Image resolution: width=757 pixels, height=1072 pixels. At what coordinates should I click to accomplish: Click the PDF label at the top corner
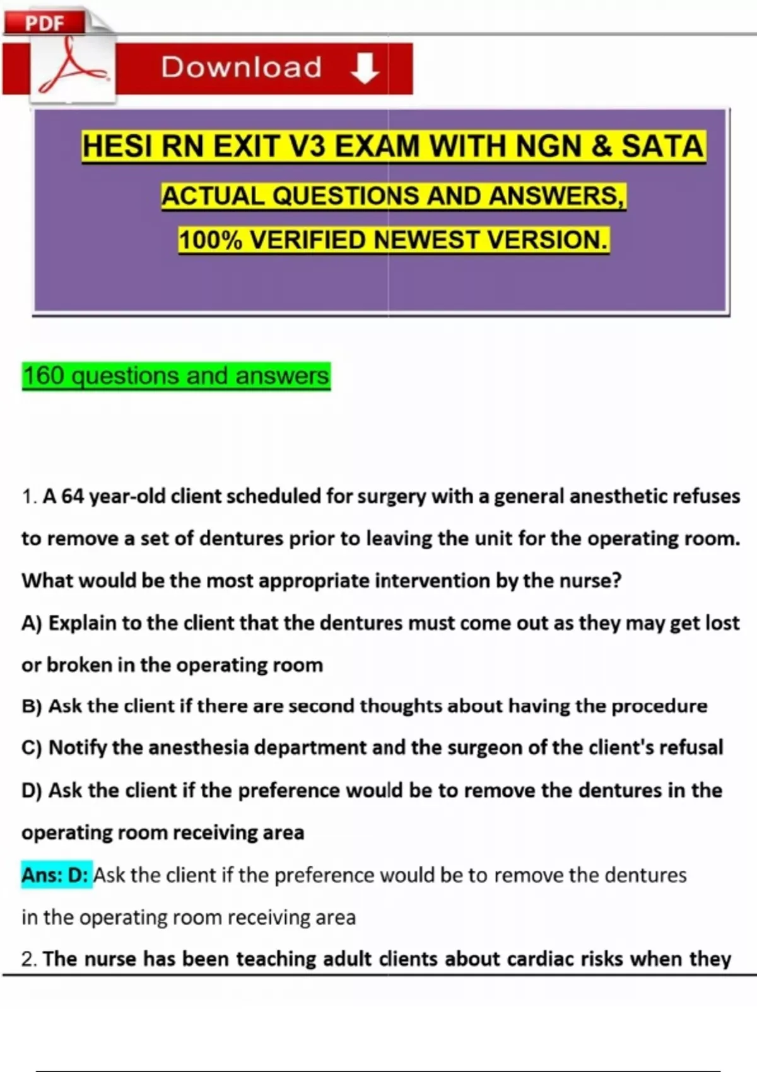[44, 23]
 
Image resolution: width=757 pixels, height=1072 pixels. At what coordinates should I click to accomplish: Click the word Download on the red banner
[242, 67]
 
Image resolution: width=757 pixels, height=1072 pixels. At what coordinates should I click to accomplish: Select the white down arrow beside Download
[365, 68]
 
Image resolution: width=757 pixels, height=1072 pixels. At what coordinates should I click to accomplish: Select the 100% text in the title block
[210, 240]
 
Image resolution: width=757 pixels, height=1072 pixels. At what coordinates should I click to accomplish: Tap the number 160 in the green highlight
[44, 376]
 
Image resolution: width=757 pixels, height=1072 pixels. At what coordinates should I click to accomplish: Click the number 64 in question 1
[73, 497]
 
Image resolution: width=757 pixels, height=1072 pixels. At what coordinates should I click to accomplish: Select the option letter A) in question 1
[32, 623]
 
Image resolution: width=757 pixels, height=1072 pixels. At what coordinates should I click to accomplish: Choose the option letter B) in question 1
[32, 706]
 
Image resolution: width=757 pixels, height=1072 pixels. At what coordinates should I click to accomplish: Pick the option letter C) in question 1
[32, 748]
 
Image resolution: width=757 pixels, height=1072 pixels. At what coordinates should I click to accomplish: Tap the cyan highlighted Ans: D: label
[56, 875]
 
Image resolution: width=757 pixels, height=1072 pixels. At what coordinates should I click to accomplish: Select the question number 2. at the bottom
[29, 959]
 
